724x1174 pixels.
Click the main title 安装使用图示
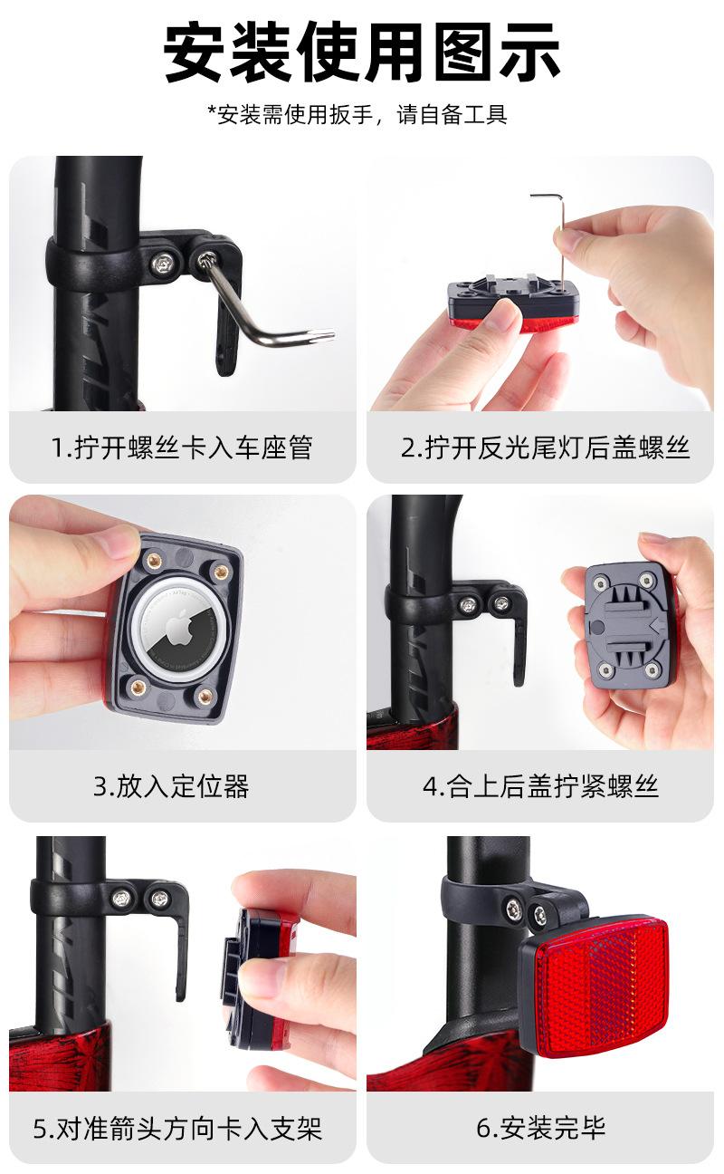pyautogui.click(x=362, y=52)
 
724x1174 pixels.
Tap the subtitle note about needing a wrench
pyautogui.click(x=357, y=115)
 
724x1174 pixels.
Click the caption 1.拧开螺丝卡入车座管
pyautogui.click(x=182, y=447)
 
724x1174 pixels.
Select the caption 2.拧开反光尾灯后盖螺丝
pyautogui.click(x=545, y=447)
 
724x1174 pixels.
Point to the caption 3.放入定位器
pyautogui.click(x=171, y=785)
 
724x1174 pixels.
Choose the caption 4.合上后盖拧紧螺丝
pyautogui.click(x=540, y=785)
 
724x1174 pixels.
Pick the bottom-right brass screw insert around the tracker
pyautogui.click(x=205, y=697)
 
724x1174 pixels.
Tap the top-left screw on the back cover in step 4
pyautogui.click(x=599, y=582)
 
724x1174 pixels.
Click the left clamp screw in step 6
pyautogui.click(x=512, y=907)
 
